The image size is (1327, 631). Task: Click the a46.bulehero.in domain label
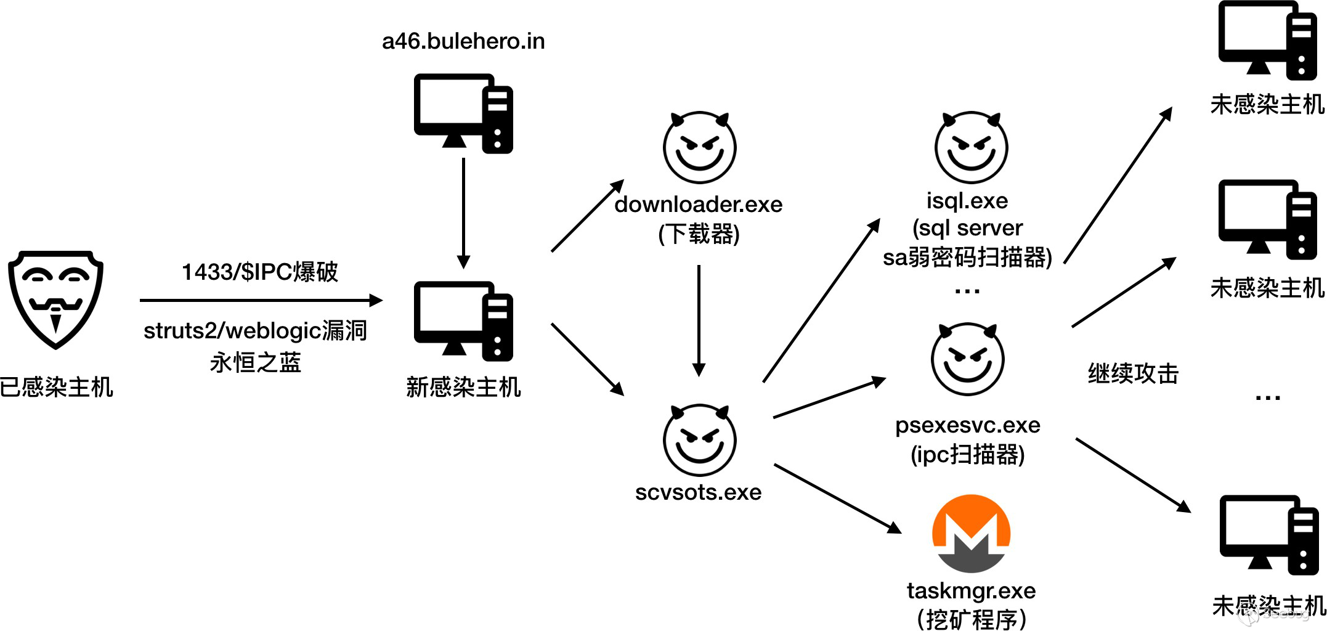point(463,41)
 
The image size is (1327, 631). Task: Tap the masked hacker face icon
point(55,299)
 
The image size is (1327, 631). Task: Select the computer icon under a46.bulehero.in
point(463,113)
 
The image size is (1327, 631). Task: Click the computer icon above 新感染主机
point(463,321)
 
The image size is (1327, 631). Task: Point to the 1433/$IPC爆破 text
point(259,272)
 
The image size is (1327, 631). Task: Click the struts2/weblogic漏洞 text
point(255,331)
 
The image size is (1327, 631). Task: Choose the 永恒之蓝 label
point(255,362)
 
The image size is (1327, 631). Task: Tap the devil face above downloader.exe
point(699,147)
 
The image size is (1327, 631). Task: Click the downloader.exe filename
point(698,204)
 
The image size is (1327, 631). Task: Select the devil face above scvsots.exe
point(699,440)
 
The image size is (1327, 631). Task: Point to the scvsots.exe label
point(698,492)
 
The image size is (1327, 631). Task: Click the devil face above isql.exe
point(971,147)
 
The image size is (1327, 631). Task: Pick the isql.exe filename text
point(967,201)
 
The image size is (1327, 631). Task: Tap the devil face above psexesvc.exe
point(967,359)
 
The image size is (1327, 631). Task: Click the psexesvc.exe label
point(967,425)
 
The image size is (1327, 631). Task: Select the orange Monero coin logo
point(971,534)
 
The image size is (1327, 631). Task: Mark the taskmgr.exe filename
point(971,591)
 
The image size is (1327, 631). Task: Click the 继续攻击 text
point(1133,373)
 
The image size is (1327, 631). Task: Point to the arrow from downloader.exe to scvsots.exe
point(699,320)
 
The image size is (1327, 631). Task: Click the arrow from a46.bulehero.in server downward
point(463,213)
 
